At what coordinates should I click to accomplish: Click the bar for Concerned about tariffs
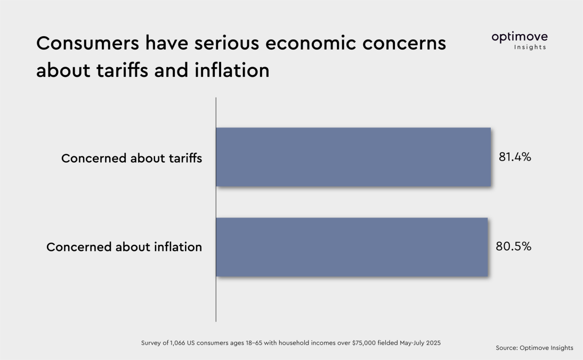[353, 157]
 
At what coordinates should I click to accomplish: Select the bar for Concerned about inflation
[352, 247]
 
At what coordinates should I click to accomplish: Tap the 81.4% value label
[515, 157]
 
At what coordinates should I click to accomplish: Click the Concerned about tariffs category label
[132, 158]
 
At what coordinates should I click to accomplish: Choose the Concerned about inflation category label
[124, 247]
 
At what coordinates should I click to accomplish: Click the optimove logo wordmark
[519, 37]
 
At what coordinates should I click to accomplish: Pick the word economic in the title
[308, 44]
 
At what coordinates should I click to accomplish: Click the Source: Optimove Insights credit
[534, 348]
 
